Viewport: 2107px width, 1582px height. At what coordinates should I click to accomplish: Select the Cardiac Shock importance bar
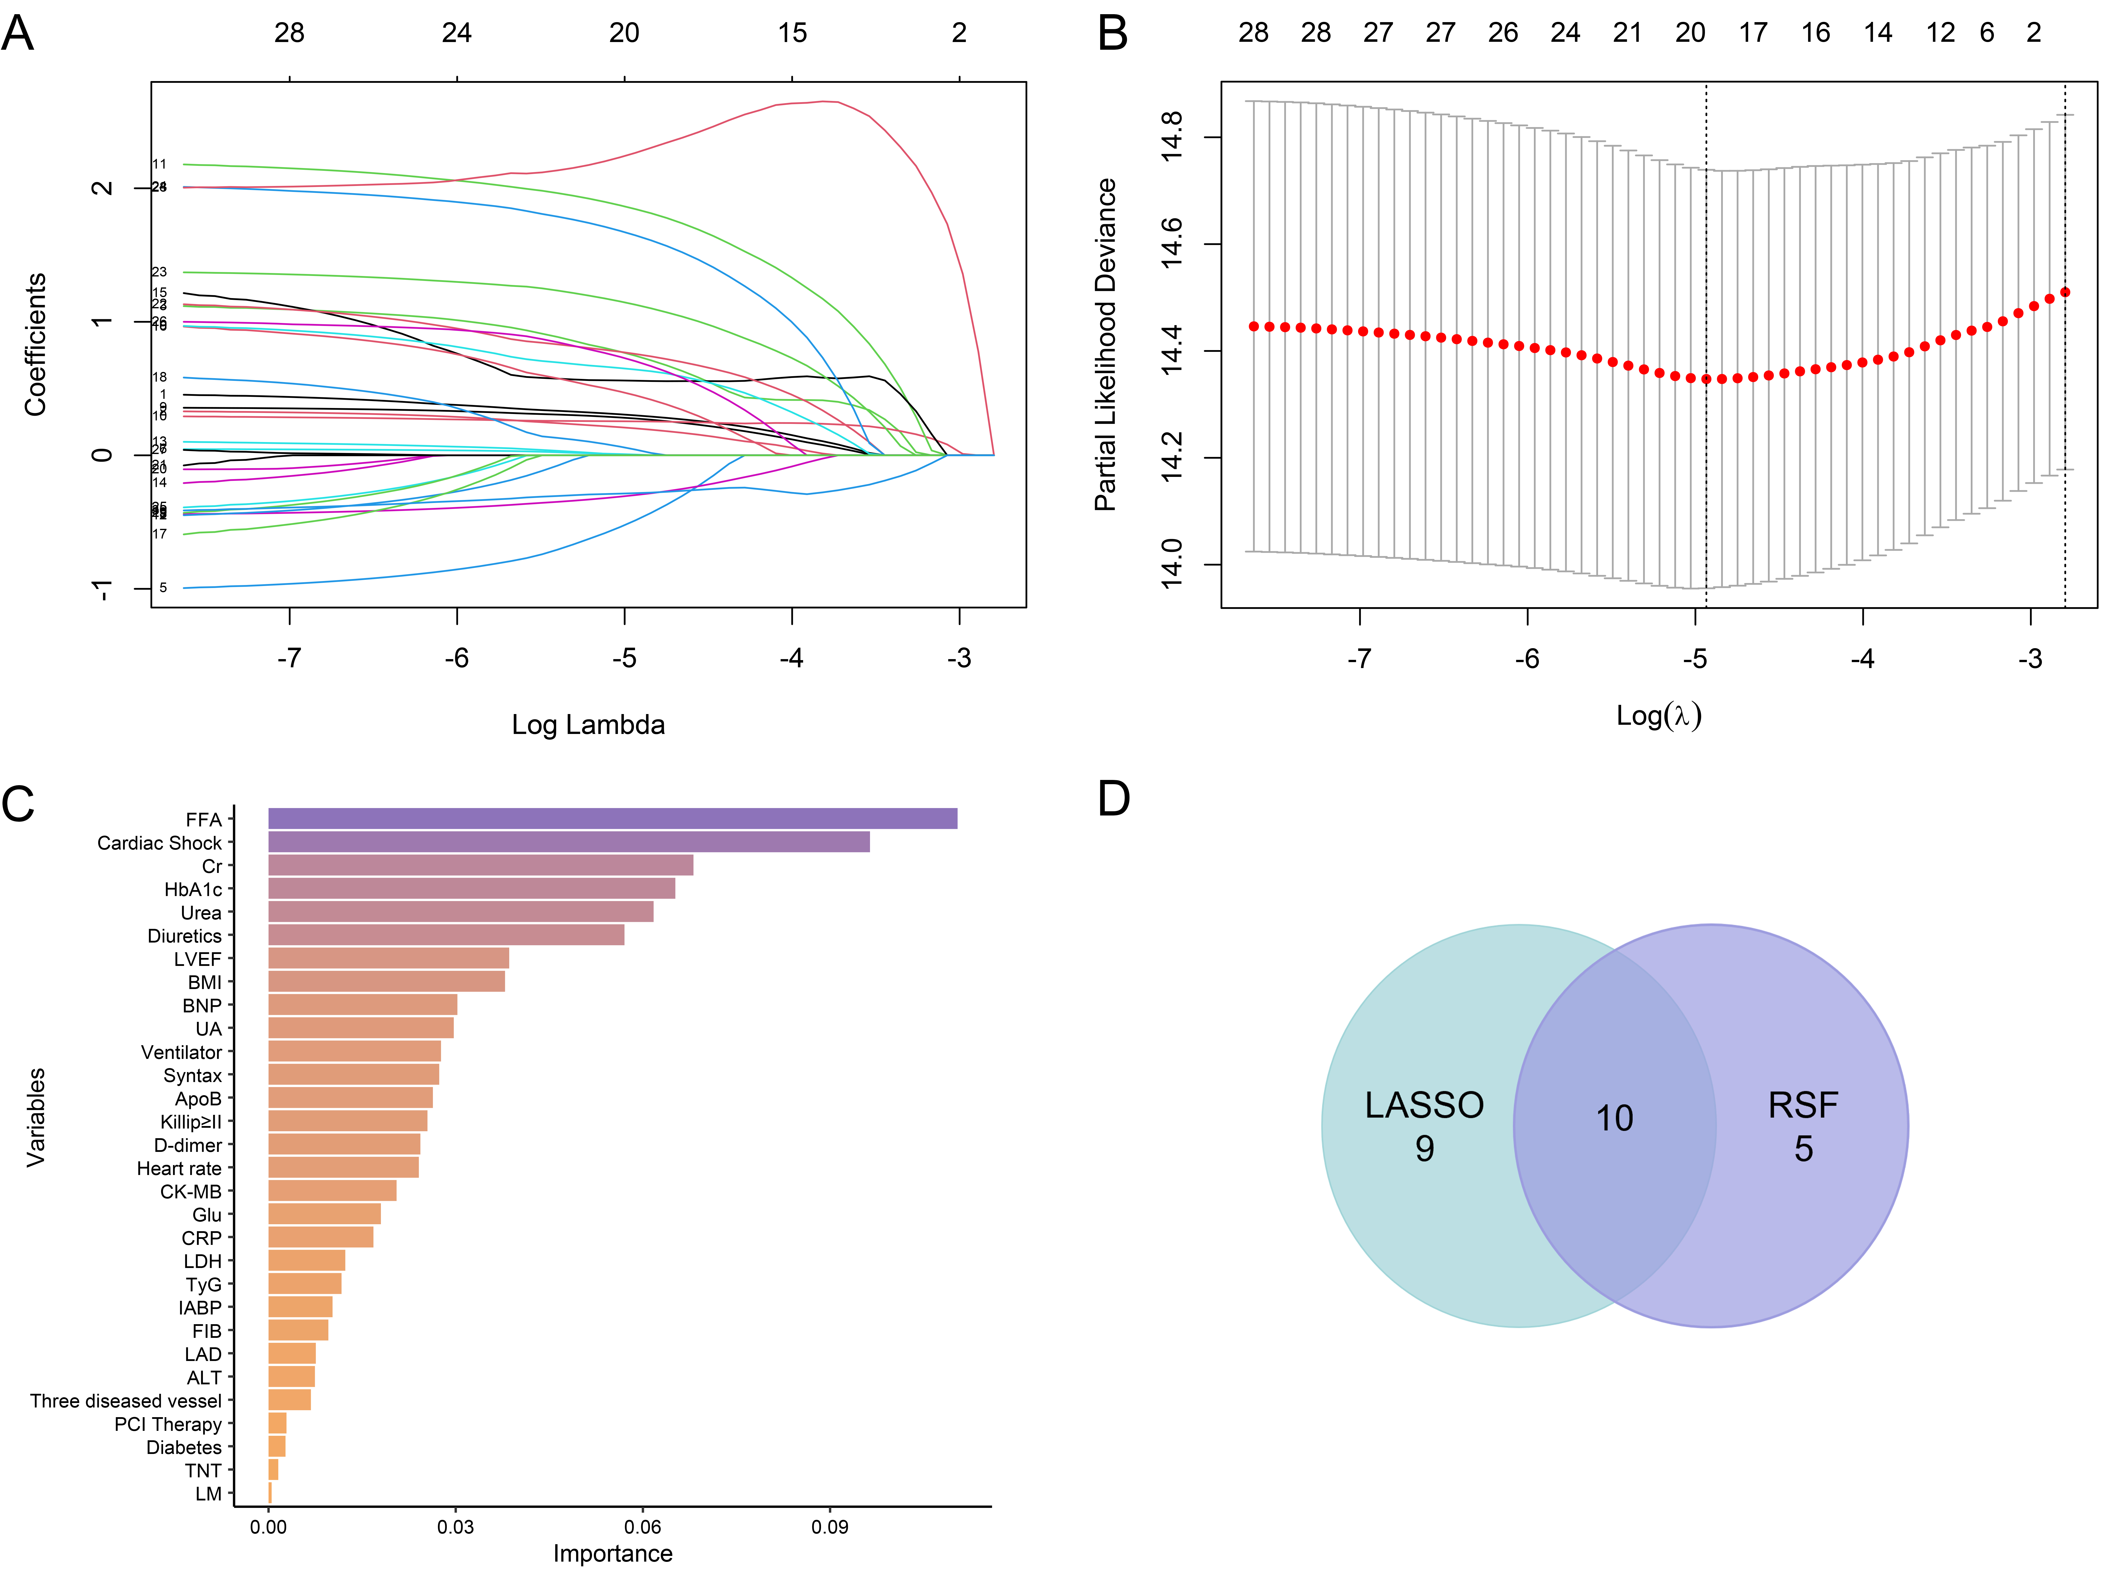(569, 842)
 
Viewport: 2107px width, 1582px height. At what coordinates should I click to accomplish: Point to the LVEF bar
(389, 958)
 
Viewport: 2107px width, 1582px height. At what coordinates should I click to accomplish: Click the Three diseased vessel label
(126, 1401)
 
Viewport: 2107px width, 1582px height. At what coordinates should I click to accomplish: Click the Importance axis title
(612, 1554)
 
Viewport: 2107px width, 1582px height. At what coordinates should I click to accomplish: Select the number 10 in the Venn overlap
(1614, 1118)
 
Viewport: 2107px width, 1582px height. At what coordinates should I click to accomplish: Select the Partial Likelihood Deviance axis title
(1105, 345)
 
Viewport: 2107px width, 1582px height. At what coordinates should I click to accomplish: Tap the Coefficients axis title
(35, 345)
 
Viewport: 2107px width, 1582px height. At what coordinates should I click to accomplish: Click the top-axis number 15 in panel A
(791, 33)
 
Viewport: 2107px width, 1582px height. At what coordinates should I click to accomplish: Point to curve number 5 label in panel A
(163, 588)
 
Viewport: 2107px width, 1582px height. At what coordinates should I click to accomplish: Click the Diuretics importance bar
(446, 935)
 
